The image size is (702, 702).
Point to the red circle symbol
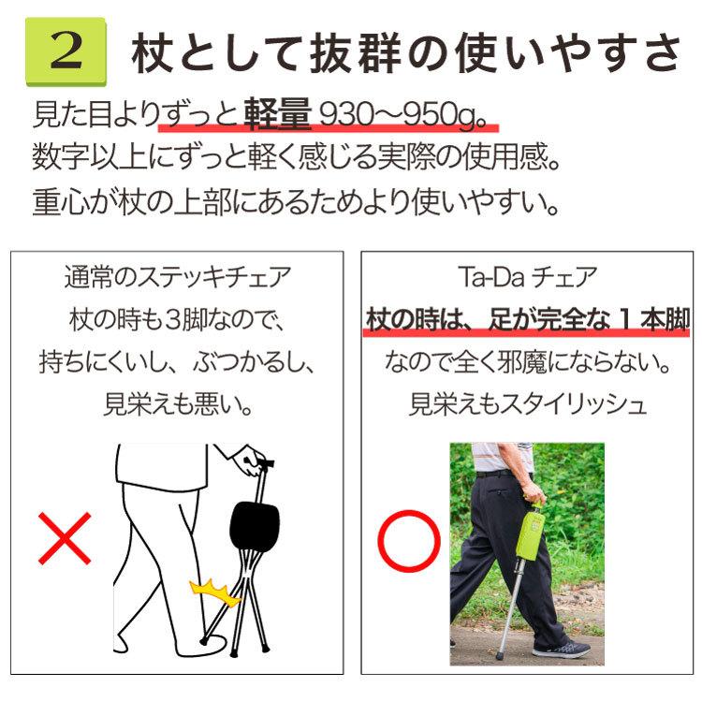[407, 540]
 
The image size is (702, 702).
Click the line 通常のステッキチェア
[178, 279]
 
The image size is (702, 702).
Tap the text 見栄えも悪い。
[178, 404]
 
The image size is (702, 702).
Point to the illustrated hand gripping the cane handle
[249, 460]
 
